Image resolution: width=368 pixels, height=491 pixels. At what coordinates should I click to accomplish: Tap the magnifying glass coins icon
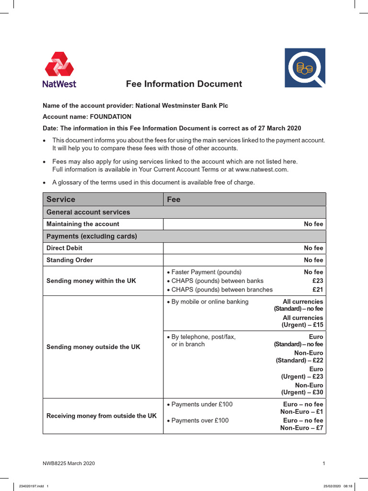pos(305,68)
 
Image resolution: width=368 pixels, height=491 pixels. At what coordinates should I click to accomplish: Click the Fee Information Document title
pos(184,84)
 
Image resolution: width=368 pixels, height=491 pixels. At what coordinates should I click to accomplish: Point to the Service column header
pos(61,199)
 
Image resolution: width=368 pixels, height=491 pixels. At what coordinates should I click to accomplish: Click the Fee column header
pos(173,199)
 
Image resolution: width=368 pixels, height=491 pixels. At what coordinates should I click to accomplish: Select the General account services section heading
pos(88,212)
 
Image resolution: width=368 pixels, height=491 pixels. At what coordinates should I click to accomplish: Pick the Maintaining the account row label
pos(83,224)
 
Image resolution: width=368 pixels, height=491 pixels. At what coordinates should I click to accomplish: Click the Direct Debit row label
pos(64,248)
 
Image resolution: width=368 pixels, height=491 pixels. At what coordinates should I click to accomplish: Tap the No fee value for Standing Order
pos(313,260)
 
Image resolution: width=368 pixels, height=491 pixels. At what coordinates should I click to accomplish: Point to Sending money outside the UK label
pos(93,347)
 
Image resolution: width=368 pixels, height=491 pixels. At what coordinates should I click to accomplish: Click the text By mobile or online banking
pos(210,302)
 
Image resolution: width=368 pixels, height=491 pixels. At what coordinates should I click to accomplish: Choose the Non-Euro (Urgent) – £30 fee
pos(302,389)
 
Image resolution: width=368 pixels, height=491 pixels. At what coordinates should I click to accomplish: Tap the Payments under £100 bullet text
pos(202,404)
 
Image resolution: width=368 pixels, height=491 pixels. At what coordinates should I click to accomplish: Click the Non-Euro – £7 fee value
pos(301,428)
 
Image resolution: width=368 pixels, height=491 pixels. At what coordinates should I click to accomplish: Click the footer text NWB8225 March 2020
pos(69,463)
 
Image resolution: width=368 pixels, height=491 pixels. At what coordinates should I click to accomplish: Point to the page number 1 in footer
pos(324,463)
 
